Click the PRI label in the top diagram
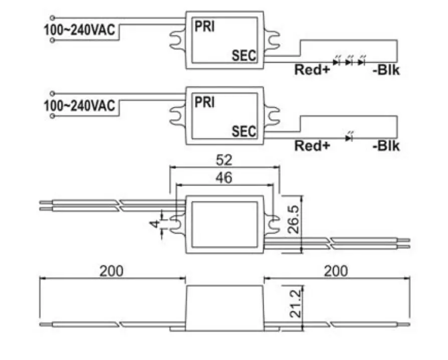tap(204, 27)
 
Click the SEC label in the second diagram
tap(244, 132)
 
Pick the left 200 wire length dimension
tap(111, 271)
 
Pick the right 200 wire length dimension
tap(335, 271)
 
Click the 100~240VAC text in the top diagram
tap(79, 31)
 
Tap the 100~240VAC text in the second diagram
tap(79, 106)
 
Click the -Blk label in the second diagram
tap(386, 146)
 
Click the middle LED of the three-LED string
tap(349, 61)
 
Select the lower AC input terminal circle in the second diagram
tap(53, 117)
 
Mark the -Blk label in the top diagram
tap(386, 70)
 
